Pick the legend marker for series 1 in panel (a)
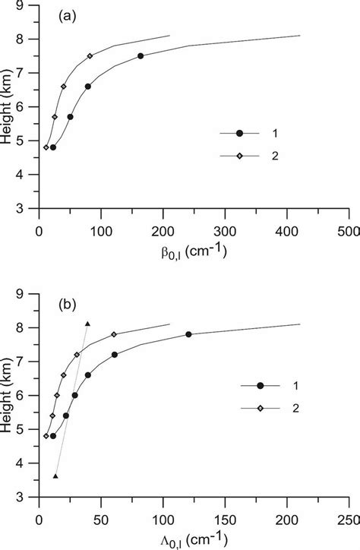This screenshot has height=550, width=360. (x=240, y=133)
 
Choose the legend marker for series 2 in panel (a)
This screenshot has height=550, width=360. (x=240, y=155)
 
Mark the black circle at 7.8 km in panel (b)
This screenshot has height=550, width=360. (x=189, y=334)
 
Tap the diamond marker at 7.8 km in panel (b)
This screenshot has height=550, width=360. (x=114, y=334)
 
